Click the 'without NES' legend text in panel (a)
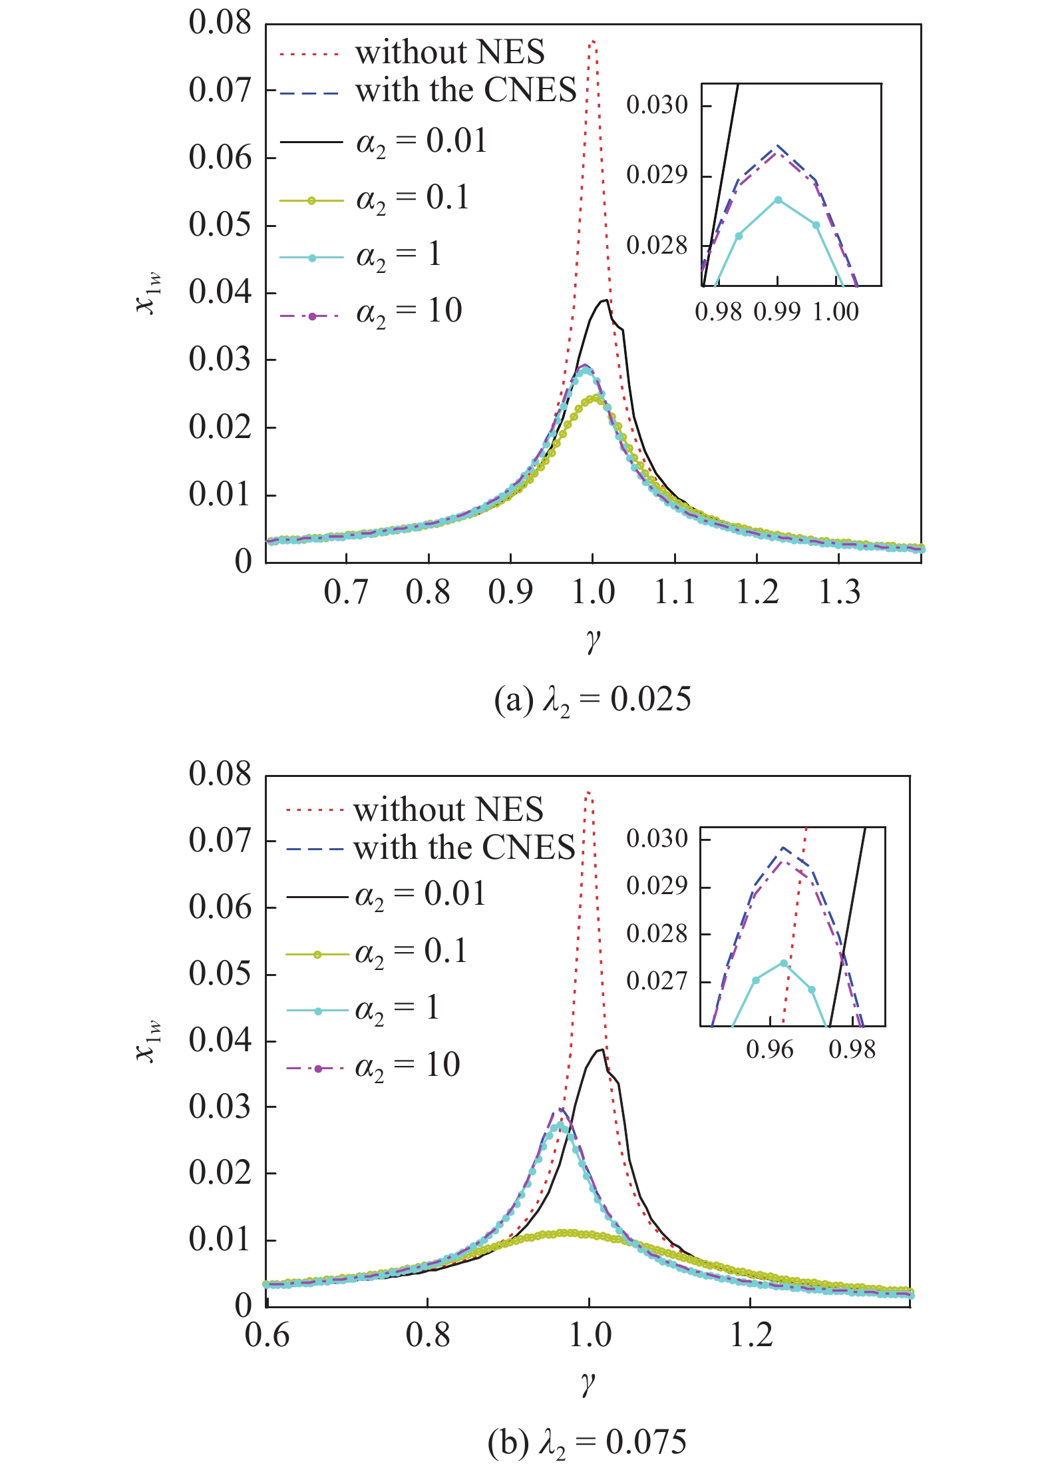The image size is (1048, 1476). [449, 52]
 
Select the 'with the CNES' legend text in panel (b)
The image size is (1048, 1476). [464, 848]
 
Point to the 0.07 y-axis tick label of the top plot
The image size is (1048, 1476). [220, 90]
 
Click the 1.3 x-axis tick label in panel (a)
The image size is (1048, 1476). [838, 592]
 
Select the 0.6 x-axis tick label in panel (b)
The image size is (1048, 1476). [267, 1335]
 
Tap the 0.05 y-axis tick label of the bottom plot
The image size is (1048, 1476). [220, 973]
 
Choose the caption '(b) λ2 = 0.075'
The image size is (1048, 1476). [587, 1443]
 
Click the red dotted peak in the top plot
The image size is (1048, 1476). [592, 42]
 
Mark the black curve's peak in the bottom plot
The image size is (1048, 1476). [602, 1050]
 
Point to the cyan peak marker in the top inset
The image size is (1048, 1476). [778, 200]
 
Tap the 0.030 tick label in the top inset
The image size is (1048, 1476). [657, 105]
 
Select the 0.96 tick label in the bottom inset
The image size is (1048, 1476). [770, 1050]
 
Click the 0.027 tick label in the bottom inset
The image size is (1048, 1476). [657, 981]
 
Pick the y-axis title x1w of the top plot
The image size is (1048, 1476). [148, 294]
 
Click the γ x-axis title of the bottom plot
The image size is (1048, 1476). [588, 1384]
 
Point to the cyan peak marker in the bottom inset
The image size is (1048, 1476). [784, 963]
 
